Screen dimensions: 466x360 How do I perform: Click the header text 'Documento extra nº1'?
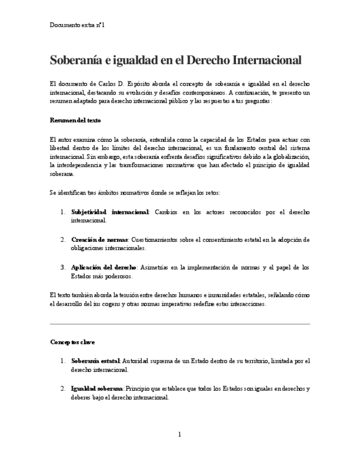77,25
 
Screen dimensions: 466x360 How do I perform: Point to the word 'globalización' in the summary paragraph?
291,157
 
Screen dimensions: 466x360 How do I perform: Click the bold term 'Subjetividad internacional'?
110,212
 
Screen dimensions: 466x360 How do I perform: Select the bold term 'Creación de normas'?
99,240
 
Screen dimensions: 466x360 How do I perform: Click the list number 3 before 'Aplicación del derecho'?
63,268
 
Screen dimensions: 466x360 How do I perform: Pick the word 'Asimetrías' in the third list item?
157,268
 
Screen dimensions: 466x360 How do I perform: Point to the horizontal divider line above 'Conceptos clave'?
180,324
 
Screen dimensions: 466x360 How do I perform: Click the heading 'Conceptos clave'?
72,342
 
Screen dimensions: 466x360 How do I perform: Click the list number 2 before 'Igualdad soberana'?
63,389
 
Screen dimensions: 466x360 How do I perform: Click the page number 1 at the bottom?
180,435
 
